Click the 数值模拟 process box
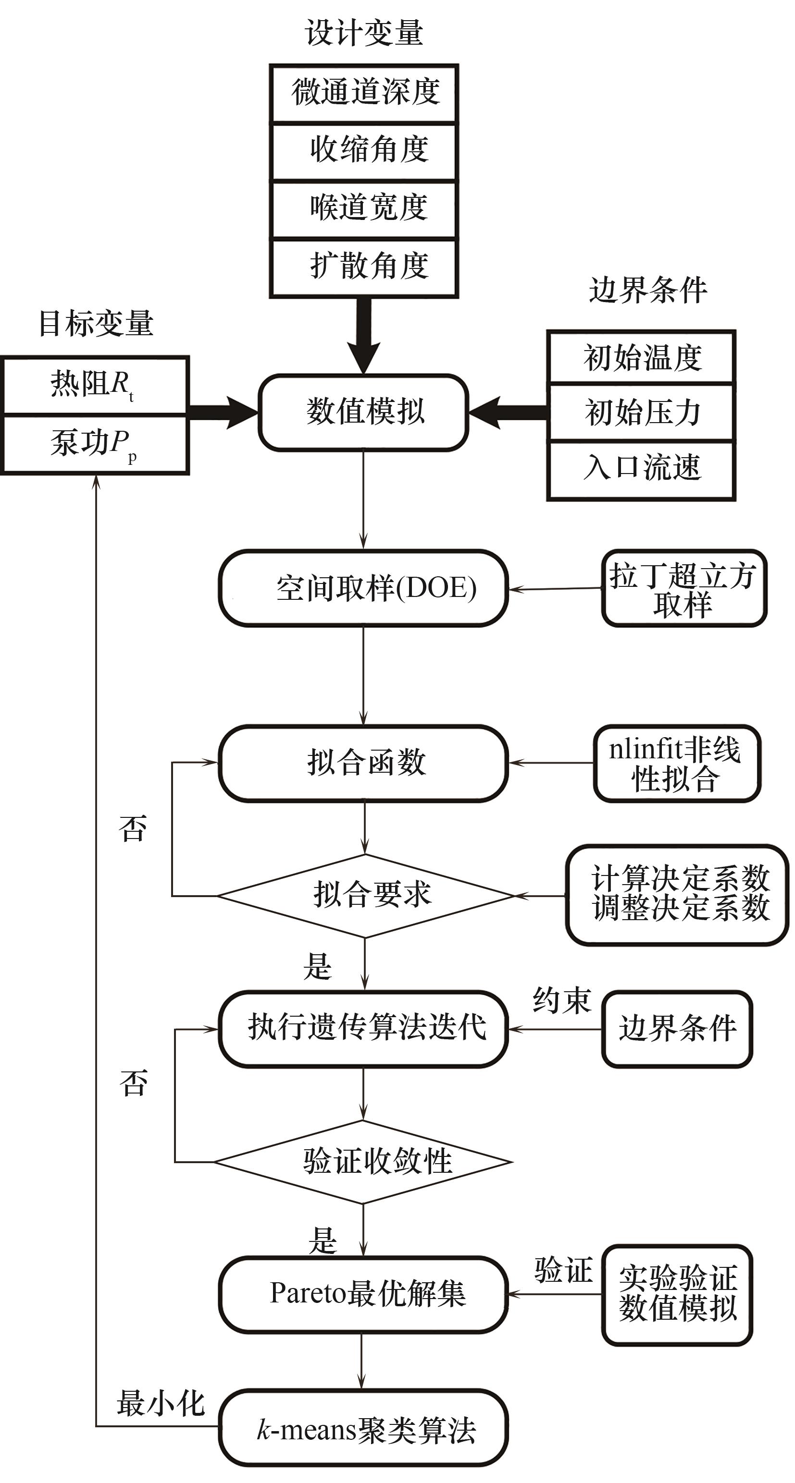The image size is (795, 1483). [x=363, y=412]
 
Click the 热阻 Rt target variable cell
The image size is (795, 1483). [x=95, y=385]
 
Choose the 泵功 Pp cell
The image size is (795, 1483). [x=95, y=444]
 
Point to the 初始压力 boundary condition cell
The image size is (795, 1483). [x=641, y=412]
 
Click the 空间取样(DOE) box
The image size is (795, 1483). [x=363, y=588]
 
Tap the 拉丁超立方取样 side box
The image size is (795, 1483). [x=684, y=588]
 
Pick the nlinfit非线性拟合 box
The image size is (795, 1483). [x=677, y=764]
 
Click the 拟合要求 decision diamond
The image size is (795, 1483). [x=365, y=896]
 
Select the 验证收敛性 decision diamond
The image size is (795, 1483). [x=363, y=1162]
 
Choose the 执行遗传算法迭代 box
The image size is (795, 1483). [x=363, y=1029]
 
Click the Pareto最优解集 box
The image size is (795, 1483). [x=363, y=1294]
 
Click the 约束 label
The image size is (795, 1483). [x=562, y=1000]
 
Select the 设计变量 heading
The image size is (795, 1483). [x=364, y=32]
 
